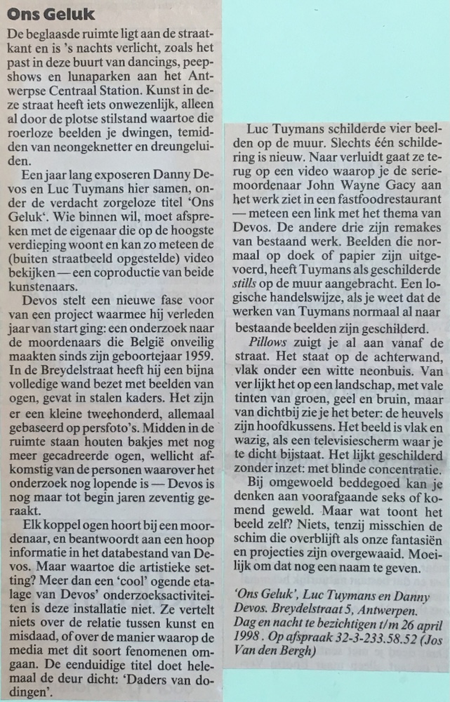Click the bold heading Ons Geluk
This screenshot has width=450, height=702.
click(x=44, y=15)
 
